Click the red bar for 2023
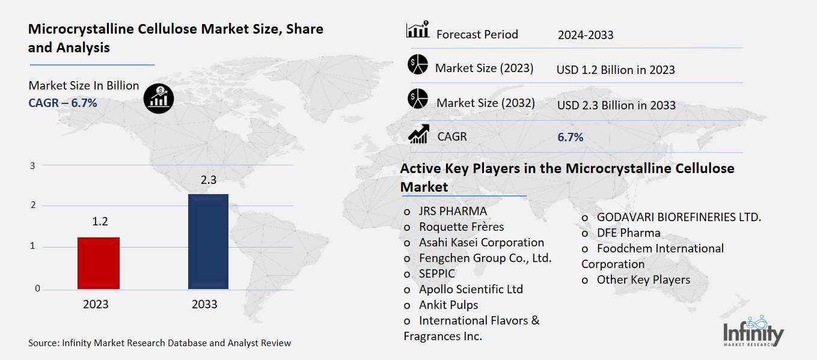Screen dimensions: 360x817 tap(99, 263)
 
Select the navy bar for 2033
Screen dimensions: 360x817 tap(208, 242)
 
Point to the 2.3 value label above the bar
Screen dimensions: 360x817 tap(207, 178)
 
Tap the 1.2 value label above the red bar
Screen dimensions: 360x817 tap(100, 222)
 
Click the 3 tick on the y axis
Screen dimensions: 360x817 tap(33, 165)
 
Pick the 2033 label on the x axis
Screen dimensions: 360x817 tap(204, 304)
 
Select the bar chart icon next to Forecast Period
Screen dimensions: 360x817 tap(417, 30)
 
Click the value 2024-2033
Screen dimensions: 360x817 tap(585, 35)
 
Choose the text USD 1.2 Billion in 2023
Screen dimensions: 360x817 tap(616, 70)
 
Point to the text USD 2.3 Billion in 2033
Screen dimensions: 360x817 tap(616, 105)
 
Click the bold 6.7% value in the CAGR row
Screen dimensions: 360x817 tap(570, 137)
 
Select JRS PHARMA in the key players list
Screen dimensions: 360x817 tap(453, 211)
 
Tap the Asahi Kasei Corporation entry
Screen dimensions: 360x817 tap(481, 242)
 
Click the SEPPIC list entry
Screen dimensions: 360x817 tap(437, 273)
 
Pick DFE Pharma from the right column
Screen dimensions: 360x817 tap(628, 233)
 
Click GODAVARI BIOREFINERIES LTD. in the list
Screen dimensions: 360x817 tap(679, 217)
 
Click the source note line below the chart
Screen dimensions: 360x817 tap(159, 343)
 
